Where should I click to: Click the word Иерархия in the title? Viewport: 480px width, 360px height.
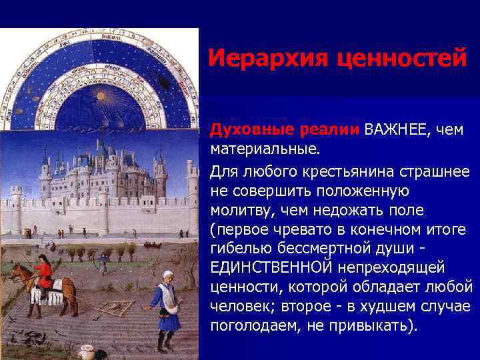tap(263, 59)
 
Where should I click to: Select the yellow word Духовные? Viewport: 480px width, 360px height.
tap(245, 129)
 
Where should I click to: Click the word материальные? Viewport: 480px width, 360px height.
tap(263, 146)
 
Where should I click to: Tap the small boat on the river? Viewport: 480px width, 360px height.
tap(153, 245)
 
